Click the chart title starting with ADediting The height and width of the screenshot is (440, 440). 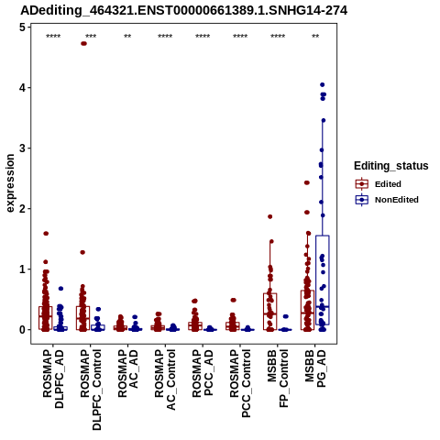(x=184, y=10)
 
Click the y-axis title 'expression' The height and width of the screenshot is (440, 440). (x=10, y=183)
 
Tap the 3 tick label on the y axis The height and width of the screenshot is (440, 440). (x=22, y=148)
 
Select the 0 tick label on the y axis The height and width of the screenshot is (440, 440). (x=22, y=330)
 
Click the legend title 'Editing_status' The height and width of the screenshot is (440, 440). (x=391, y=166)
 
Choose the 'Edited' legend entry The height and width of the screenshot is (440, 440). (x=378, y=184)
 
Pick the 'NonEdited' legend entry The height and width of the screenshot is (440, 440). (x=387, y=200)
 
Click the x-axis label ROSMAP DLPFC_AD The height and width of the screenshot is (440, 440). (x=53, y=379)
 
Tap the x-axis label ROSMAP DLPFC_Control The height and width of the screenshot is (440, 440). (x=91, y=390)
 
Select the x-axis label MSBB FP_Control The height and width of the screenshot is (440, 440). (x=278, y=379)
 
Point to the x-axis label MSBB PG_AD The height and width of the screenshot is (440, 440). (x=315, y=368)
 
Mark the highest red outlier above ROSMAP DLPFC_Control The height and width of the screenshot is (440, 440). (x=83, y=43)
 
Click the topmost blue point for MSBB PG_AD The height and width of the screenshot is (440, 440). (x=322, y=84)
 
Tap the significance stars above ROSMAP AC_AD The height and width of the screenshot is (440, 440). (x=127, y=37)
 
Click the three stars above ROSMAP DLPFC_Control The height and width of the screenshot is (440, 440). (x=91, y=37)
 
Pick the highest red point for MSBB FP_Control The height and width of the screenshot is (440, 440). (x=270, y=216)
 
